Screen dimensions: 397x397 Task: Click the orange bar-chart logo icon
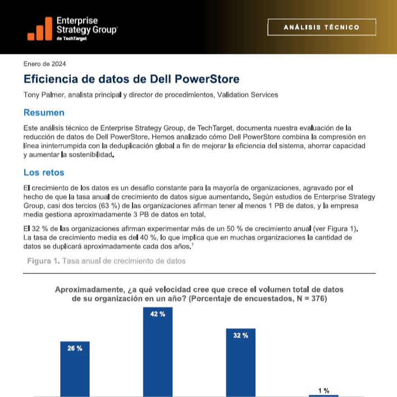click(40, 29)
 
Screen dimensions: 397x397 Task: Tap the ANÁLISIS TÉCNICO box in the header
click(322, 27)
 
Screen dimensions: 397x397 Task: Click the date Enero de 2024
click(44, 64)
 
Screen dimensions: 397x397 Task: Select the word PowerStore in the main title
click(207, 79)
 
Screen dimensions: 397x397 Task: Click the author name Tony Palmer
click(44, 95)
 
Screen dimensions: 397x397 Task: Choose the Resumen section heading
click(44, 113)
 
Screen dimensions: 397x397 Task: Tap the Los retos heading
click(44, 172)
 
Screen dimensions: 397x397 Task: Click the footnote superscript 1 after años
click(193, 244)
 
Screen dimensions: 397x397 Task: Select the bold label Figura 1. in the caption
click(43, 261)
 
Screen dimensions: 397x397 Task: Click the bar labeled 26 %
click(75, 369)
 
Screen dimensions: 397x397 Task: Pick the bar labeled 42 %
click(158, 352)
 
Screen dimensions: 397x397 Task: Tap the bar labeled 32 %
click(240, 363)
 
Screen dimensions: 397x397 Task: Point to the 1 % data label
click(323, 391)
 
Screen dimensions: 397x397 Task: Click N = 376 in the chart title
click(309, 299)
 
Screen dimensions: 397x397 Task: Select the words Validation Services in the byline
click(248, 95)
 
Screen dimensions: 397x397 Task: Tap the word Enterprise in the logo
click(77, 21)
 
